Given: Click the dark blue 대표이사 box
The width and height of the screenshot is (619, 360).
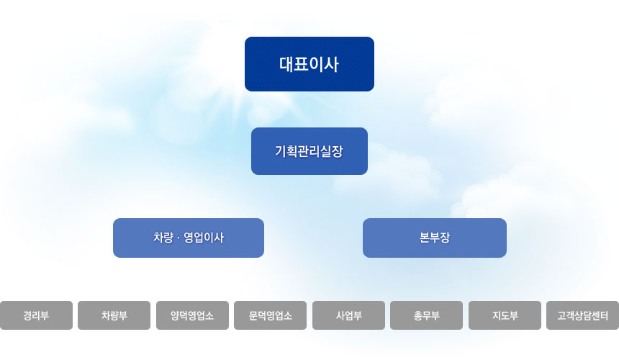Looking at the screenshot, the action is (309, 64).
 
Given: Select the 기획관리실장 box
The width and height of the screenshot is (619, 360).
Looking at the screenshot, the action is (309, 151).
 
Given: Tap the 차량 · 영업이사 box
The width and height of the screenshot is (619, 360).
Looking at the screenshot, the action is (189, 238).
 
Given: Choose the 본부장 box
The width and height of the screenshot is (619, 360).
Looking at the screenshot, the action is (435, 238).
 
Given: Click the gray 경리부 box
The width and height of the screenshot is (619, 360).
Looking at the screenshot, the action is (36, 315).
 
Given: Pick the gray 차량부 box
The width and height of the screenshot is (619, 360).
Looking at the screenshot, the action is (114, 315).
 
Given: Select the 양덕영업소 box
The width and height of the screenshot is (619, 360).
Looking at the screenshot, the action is (192, 315).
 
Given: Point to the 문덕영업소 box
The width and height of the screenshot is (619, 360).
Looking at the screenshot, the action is (271, 315).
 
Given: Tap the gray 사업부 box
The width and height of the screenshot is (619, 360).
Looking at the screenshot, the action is (348, 315).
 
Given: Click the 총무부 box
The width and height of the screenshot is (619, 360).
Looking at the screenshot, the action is (426, 315).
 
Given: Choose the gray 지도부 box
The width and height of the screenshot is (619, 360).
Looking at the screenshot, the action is (505, 315).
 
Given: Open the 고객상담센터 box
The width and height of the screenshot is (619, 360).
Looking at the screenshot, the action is (583, 315).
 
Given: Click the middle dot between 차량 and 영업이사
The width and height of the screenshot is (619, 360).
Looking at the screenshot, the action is (178, 238).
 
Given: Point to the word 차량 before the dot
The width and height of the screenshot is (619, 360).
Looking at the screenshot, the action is (163, 238).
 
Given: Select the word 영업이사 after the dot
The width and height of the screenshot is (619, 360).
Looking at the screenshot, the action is (204, 238).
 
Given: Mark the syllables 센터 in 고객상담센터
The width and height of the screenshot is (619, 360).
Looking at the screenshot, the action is (600, 316).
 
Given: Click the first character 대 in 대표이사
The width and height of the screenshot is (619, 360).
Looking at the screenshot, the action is (286, 64).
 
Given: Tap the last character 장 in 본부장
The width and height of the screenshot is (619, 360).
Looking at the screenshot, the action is (445, 238).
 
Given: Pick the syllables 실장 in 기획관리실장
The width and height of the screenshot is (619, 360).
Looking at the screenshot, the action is (332, 151).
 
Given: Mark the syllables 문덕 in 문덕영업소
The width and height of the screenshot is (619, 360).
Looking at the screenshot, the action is (258, 316).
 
